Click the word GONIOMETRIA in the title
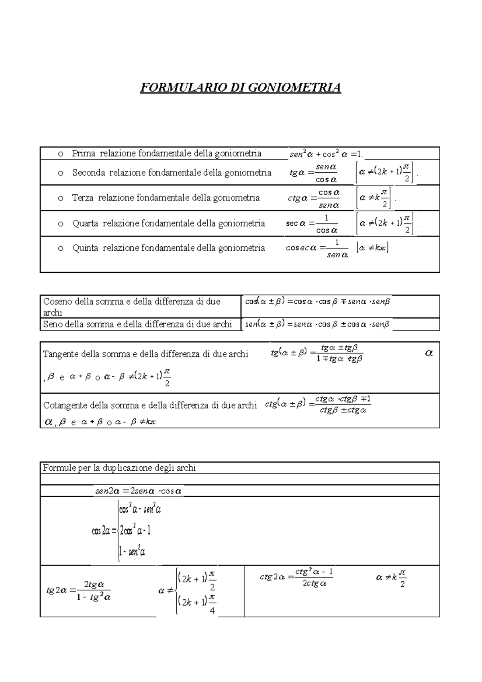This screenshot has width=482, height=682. coord(293,88)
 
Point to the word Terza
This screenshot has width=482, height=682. coord(83,198)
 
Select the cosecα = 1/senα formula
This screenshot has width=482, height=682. coord(317,248)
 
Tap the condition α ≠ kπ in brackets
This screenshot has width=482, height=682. coord(372,248)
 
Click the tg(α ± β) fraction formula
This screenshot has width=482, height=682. coord(317,353)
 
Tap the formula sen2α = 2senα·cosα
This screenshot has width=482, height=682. coord(138,491)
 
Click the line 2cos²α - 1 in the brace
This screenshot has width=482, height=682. coord(135,531)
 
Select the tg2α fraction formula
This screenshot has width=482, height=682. coord(79,590)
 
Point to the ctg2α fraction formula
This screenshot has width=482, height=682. coord(296,577)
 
